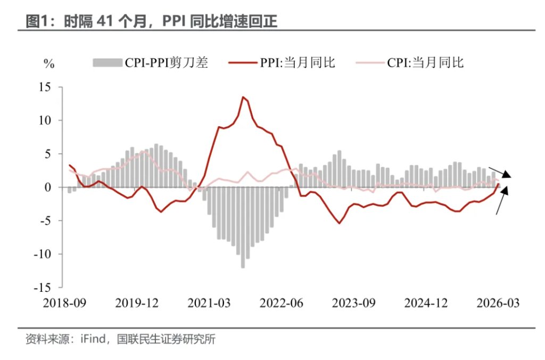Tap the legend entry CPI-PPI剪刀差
click(x=150, y=63)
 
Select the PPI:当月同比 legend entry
click(x=282, y=63)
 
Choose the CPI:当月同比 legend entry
click(x=409, y=63)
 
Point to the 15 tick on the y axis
click(x=48, y=87)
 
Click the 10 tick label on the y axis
click(x=48, y=120)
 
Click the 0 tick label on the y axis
click(x=51, y=187)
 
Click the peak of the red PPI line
click(x=243, y=97)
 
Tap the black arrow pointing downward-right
click(x=501, y=172)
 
